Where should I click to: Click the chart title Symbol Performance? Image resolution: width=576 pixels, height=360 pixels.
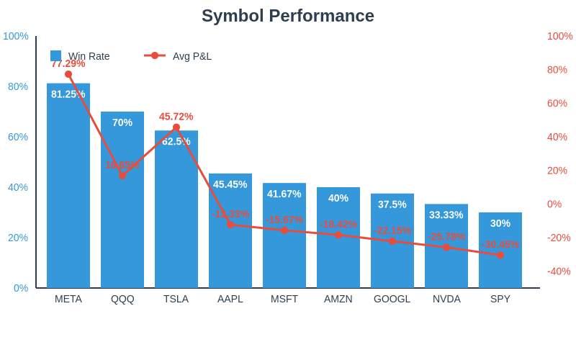pyautogui.click(x=288, y=16)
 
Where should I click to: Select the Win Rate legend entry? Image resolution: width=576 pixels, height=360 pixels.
pyautogui.click(x=80, y=56)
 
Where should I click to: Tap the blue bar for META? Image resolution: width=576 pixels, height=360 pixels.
pyautogui.click(x=68, y=187)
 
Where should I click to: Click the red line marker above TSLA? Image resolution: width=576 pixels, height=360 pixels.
pyautogui.click(x=176, y=127)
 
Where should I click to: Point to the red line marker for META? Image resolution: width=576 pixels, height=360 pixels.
pyautogui.click(x=68, y=74)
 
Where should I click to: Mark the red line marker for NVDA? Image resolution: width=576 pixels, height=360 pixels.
pyautogui.click(x=446, y=247)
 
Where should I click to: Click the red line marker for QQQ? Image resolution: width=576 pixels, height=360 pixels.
pyautogui.click(x=122, y=175)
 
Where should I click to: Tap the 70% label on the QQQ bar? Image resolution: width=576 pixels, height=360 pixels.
pyautogui.click(x=122, y=122)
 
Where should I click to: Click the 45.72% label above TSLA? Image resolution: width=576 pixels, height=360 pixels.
pyautogui.click(x=176, y=117)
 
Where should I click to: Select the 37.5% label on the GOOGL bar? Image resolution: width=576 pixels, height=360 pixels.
pyautogui.click(x=392, y=204)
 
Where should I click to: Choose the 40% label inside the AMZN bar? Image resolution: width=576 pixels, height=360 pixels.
pyautogui.click(x=338, y=198)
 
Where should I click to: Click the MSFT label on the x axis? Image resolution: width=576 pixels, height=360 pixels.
pyautogui.click(x=284, y=299)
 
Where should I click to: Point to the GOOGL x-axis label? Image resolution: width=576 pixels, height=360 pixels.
pyautogui.click(x=392, y=299)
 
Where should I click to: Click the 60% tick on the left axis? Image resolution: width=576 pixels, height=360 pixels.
pyautogui.click(x=18, y=137)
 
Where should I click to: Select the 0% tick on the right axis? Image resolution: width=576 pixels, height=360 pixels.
pyautogui.click(x=554, y=204)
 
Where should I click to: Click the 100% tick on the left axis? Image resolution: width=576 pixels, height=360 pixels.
pyautogui.click(x=16, y=36)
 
